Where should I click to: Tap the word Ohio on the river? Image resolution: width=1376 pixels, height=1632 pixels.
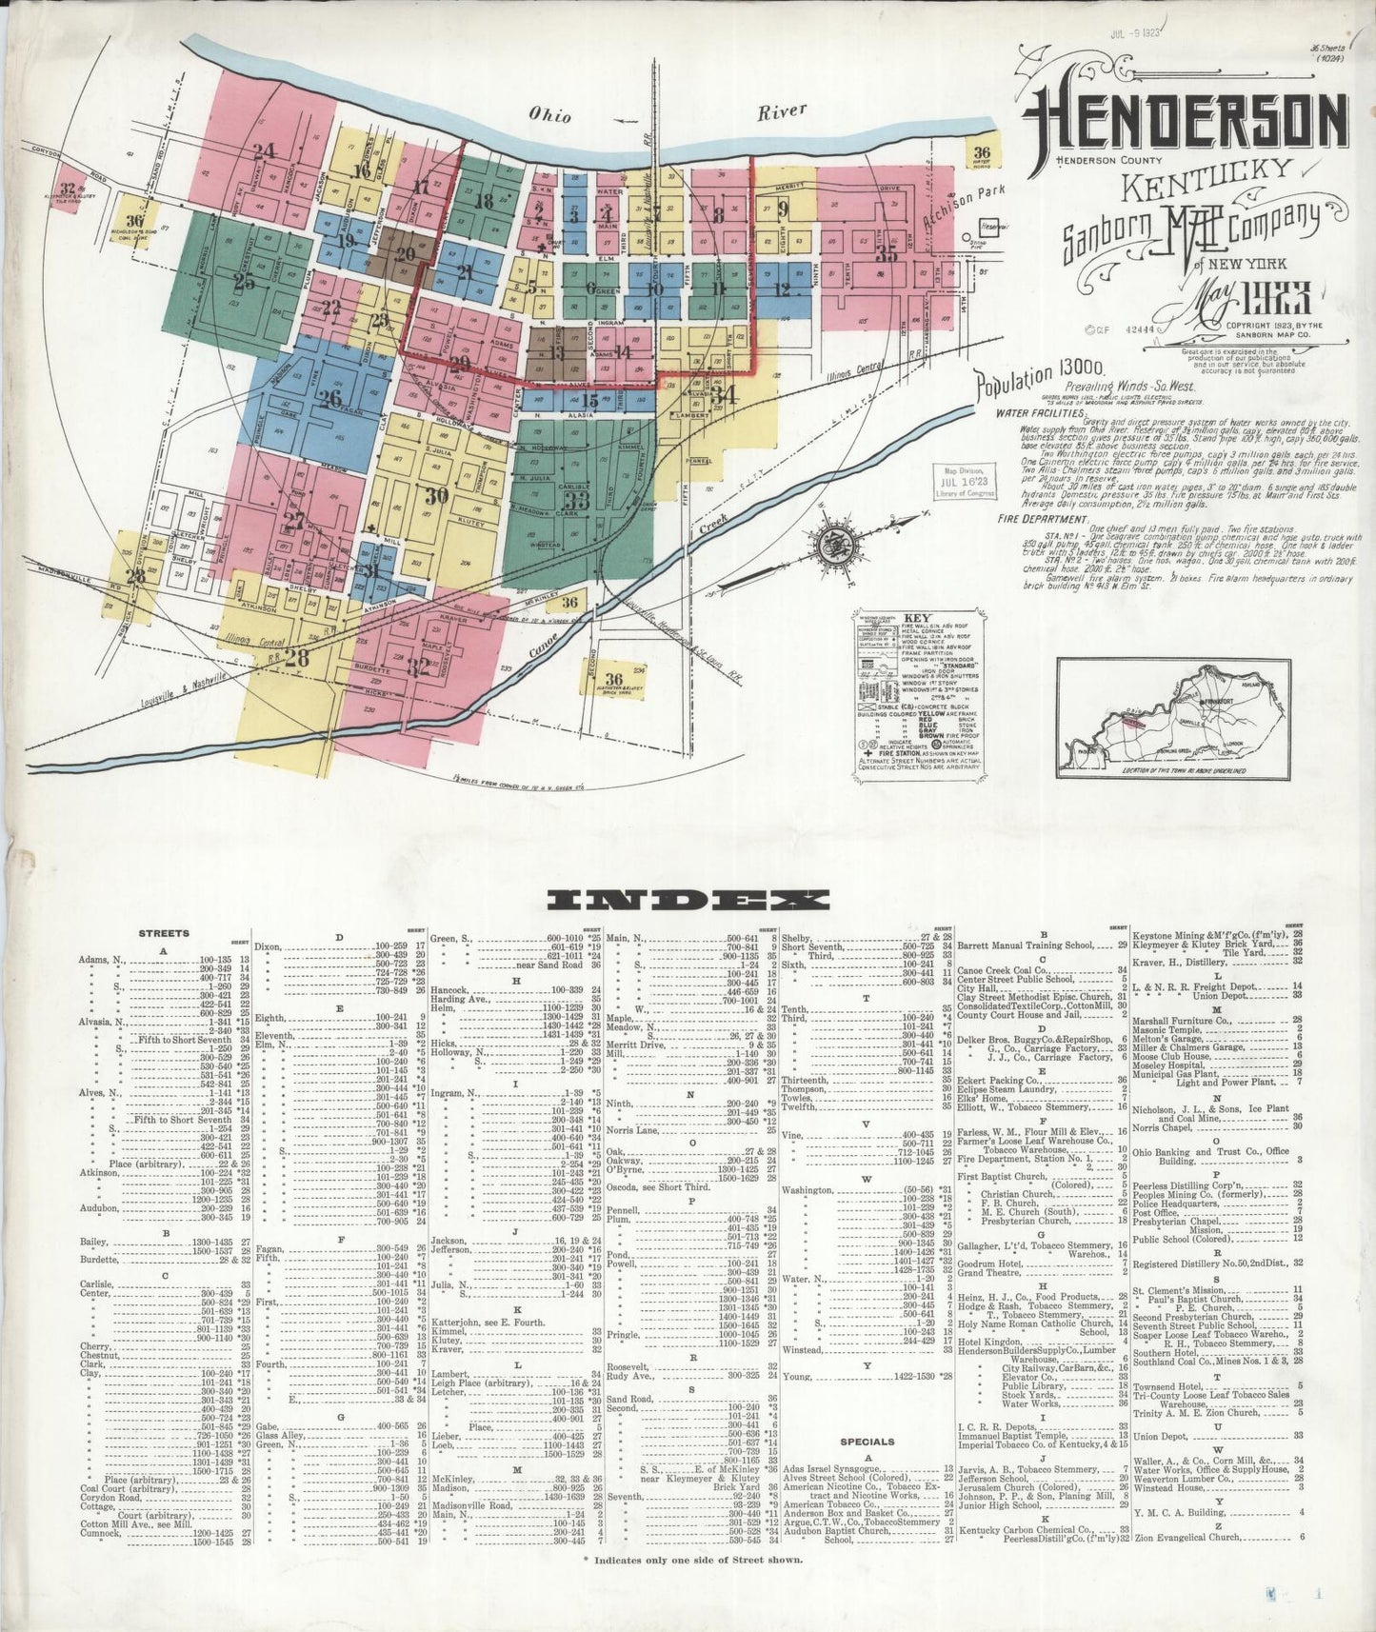click(551, 116)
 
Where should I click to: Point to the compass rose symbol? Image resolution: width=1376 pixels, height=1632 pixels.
click(836, 545)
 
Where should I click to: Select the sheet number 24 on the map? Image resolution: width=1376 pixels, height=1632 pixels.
click(264, 149)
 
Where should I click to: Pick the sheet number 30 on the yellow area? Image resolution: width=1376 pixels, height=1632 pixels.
click(437, 495)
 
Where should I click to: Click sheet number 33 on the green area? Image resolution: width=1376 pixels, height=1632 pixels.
click(576, 500)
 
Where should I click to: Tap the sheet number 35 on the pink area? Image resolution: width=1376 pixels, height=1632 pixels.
click(887, 253)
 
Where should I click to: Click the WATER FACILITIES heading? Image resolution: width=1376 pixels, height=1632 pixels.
click(1042, 414)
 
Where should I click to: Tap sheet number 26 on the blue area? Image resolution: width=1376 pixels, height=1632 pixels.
click(330, 398)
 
